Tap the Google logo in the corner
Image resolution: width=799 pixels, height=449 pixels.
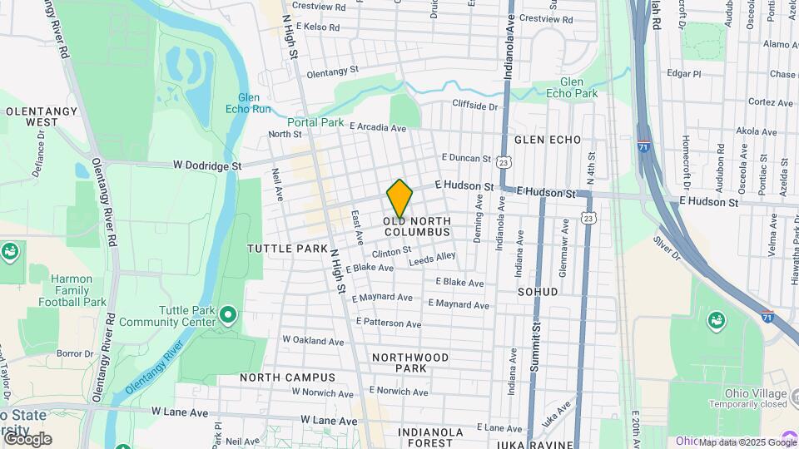[27, 438]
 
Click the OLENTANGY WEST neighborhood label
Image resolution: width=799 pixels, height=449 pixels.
[31, 116]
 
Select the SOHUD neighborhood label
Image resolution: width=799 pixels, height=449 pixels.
[537, 293]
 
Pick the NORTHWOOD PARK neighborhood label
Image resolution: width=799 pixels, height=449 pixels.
[410, 363]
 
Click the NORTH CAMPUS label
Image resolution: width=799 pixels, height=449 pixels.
[287, 377]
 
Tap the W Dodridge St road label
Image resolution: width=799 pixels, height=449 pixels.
[206, 165]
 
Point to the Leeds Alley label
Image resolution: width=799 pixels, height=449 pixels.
[433, 259]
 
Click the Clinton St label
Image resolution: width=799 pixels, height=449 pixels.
[391, 251]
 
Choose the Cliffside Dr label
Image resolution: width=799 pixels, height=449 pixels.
[474, 106]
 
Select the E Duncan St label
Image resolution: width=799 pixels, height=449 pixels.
[466, 156]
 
